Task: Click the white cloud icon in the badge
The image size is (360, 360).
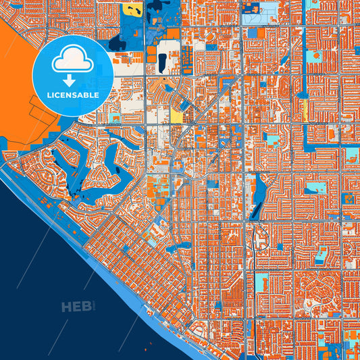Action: click(x=72, y=60)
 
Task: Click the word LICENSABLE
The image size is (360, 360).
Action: click(x=72, y=95)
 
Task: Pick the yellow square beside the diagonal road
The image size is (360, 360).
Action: click(x=177, y=115)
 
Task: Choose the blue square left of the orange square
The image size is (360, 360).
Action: click(x=252, y=32)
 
